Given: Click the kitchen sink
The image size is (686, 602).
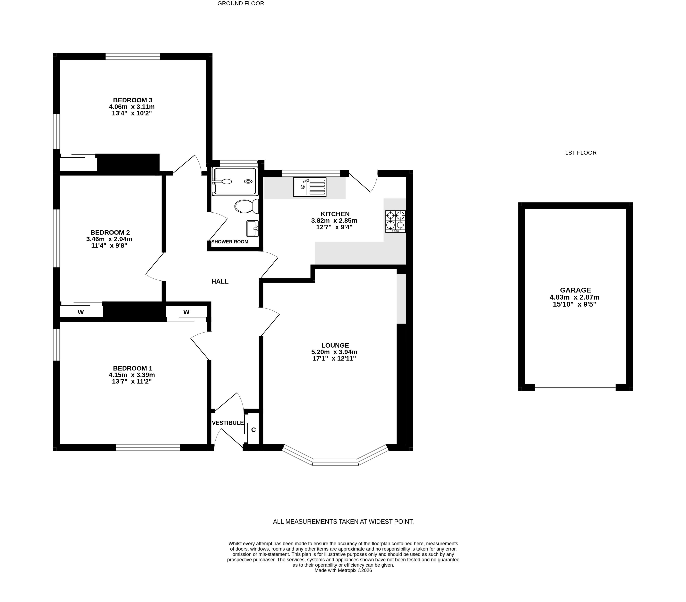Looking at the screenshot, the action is tap(309, 187).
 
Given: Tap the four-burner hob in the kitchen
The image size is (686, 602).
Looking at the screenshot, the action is tap(395, 221).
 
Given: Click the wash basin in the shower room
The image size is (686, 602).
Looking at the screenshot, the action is tap(252, 229).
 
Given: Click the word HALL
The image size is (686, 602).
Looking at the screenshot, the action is tap(220, 282).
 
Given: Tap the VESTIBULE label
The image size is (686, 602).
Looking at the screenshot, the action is tap(228, 423).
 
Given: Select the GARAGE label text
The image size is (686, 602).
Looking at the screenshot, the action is tap(575, 290).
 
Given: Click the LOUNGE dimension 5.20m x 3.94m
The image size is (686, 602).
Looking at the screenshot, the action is tap(334, 352).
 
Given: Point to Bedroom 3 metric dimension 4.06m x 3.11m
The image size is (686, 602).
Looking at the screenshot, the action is tap(132, 107).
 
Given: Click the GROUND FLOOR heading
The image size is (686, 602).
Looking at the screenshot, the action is tap(241, 3).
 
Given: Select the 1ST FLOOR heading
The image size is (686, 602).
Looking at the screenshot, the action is tap(581, 153).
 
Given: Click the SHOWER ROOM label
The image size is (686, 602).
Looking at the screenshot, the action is tap(230, 242).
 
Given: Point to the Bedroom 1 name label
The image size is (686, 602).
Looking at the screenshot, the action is tap(133, 369).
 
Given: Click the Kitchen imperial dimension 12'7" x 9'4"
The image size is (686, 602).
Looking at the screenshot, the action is tap(334, 227).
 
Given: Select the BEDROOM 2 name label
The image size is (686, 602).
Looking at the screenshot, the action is tap(110, 233).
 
